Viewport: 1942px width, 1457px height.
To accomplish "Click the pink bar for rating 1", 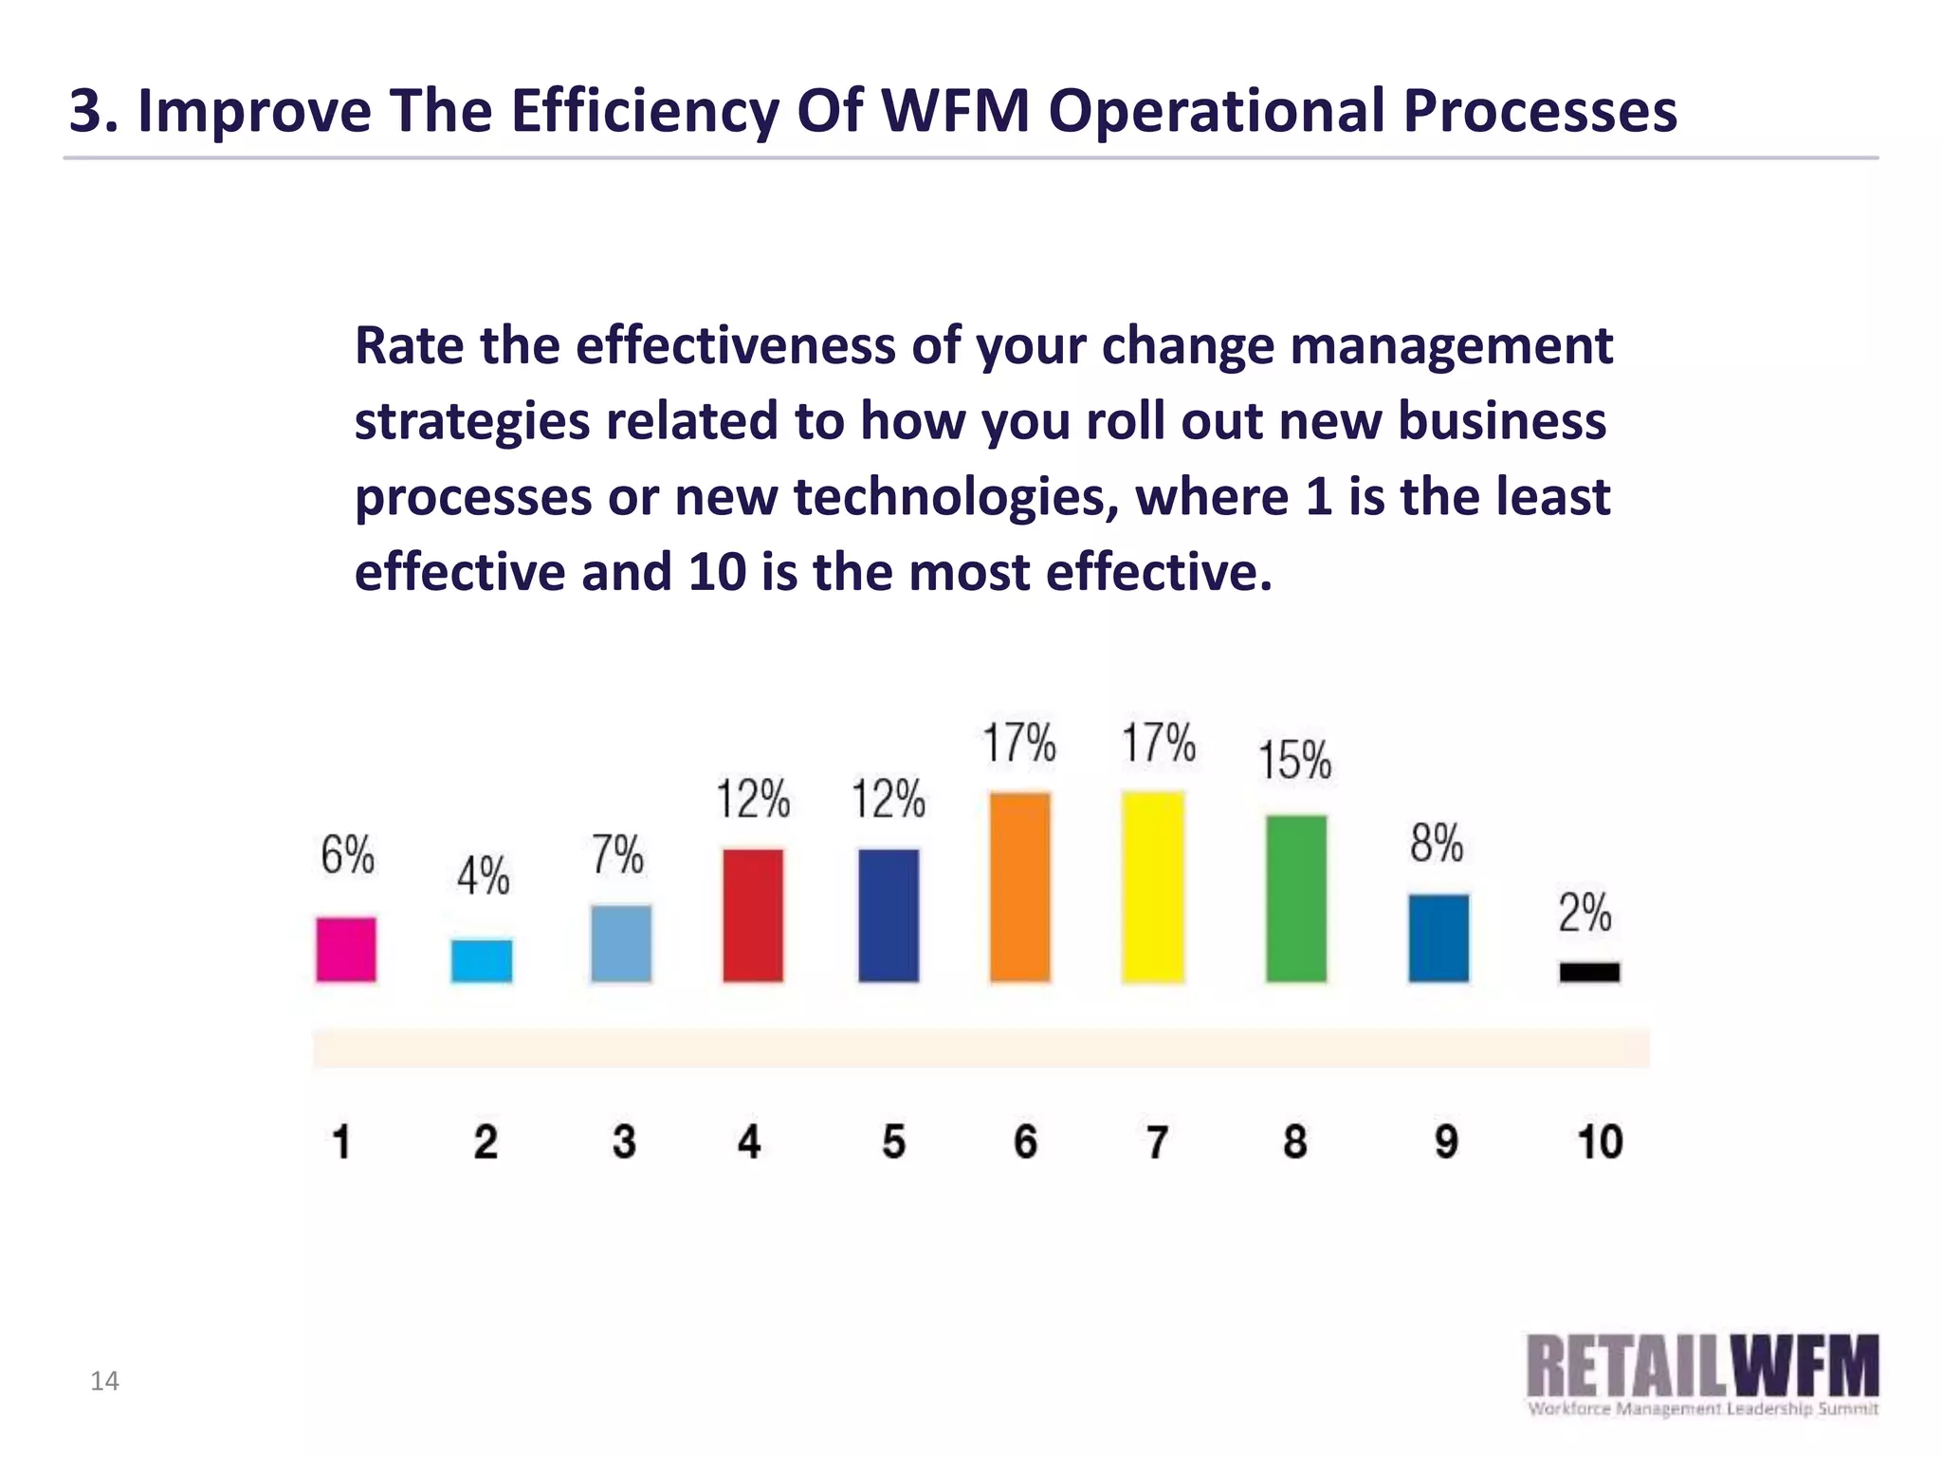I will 346,949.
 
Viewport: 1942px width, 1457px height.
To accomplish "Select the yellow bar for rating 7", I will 1153,887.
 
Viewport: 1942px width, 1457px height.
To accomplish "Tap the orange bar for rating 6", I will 1020,887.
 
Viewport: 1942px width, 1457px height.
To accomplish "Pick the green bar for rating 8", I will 1296,897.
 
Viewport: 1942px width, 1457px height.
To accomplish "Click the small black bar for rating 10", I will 1589,972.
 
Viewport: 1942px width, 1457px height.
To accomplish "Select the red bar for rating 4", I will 753,915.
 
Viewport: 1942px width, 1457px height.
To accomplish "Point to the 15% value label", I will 1294,761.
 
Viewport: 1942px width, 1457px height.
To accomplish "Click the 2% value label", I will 1585,913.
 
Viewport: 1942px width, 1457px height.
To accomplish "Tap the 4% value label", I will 483,875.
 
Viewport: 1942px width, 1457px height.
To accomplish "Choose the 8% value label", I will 1437,843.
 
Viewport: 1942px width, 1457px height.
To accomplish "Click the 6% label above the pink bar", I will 347,855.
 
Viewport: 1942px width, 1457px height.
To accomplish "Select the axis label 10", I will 1600,1141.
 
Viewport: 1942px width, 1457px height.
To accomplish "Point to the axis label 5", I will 893,1141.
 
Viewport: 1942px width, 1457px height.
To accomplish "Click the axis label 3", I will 623,1141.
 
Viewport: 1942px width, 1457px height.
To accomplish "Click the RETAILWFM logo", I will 1702,1374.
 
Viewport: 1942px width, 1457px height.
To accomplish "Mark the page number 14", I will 104,1381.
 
